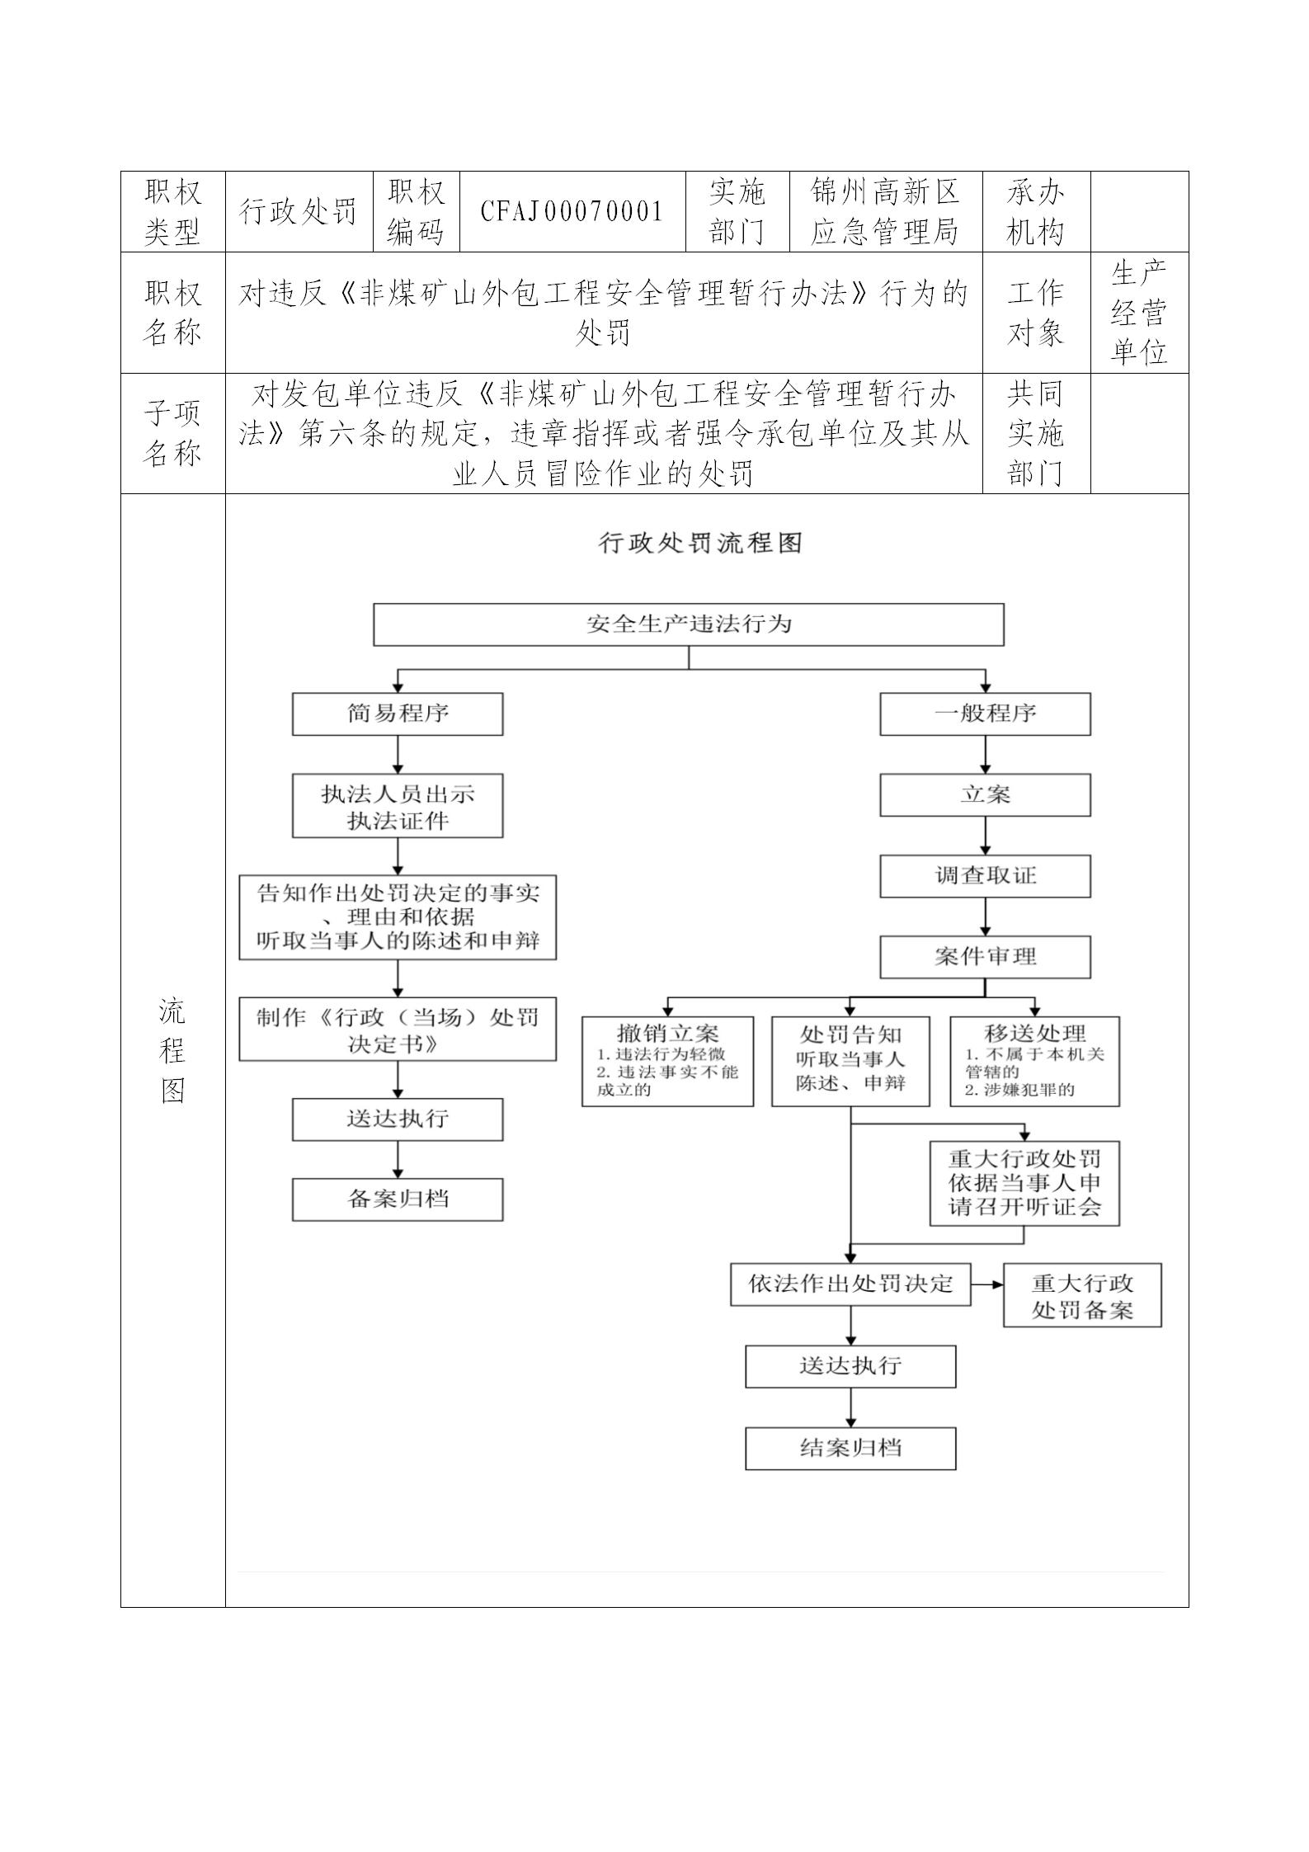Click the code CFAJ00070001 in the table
point(572,212)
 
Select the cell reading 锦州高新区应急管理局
point(885,212)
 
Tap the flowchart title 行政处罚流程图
point(700,543)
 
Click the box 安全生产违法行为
point(689,624)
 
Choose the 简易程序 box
point(398,714)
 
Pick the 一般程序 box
point(985,714)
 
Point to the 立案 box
point(985,795)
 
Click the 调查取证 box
point(985,876)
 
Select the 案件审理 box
point(985,957)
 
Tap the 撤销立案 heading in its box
point(667,1033)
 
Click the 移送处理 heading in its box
point(1035,1033)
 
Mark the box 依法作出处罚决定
point(850,1284)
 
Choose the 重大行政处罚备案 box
point(1082,1296)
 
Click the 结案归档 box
point(850,1449)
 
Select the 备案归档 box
point(398,1199)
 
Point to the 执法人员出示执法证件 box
point(398,806)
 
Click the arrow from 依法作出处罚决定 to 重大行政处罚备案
point(987,1284)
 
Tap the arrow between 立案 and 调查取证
point(985,836)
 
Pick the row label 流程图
point(172,1050)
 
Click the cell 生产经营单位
point(1139,313)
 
